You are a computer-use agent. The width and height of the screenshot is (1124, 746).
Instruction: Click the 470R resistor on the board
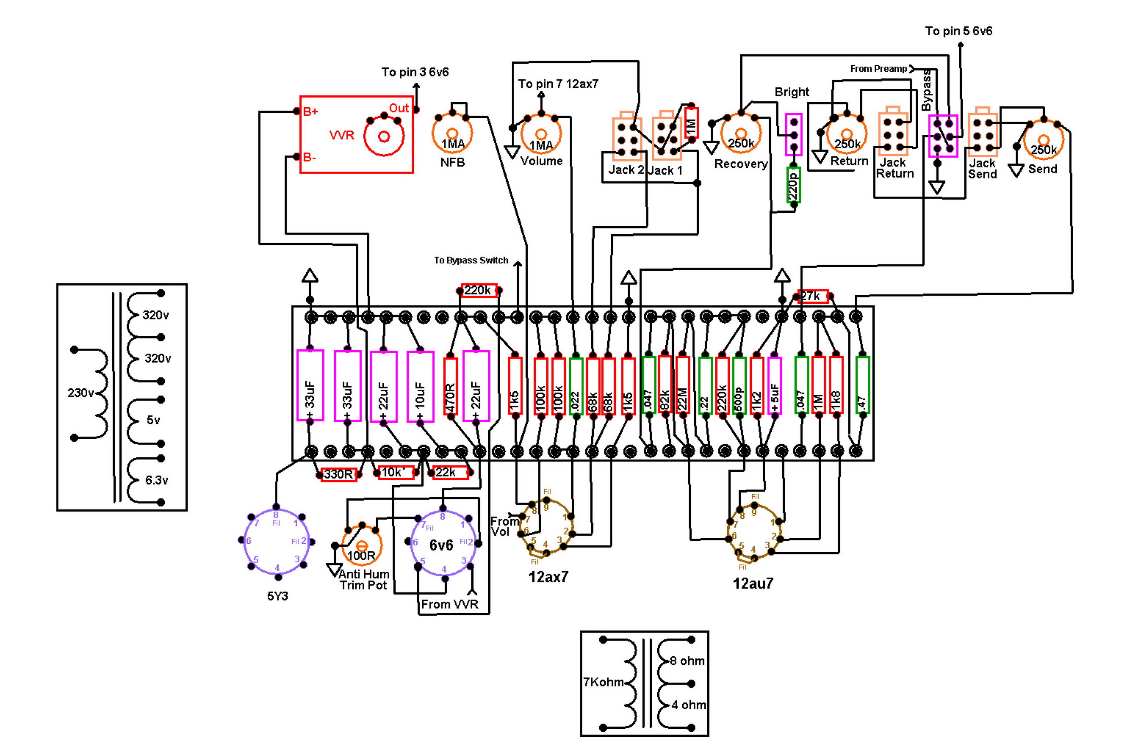click(x=450, y=386)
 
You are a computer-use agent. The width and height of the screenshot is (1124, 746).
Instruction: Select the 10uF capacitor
click(x=420, y=386)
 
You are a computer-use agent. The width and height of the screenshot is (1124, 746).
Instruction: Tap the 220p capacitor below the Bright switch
click(x=793, y=185)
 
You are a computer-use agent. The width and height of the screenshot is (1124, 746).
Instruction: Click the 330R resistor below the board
click(x=338, y=474)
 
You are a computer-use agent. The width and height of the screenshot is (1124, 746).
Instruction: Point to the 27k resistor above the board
click(x=812, y=296)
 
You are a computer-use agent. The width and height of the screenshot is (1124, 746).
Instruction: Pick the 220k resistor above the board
click(x=479, y=290)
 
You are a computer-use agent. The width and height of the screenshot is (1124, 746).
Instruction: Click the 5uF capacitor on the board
click(x=774, y=385)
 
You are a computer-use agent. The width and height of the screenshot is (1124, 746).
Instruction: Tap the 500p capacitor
click(x=739, y=385)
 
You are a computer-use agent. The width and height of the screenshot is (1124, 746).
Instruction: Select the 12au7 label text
click(x=753, y=583)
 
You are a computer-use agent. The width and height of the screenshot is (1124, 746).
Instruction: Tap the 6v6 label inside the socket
click(x=441, y=545)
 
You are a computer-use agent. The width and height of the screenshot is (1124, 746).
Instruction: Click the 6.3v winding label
click(x=157, y=480)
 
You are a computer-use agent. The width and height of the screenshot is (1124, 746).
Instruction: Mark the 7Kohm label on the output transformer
click(x=603, y=682)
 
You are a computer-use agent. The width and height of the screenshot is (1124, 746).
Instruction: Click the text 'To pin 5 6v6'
click(x=958, y=31)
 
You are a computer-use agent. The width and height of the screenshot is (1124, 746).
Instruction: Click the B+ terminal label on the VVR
click(x=310, y=112)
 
